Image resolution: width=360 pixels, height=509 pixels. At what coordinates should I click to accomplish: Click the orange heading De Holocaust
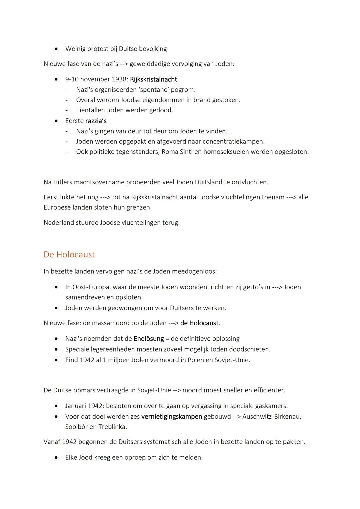69,254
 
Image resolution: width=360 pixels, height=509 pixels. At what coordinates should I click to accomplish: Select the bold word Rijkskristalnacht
153,79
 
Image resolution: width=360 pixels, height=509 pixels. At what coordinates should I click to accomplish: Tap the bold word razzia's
96,121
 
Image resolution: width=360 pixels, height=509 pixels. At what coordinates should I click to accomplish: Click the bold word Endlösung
149,339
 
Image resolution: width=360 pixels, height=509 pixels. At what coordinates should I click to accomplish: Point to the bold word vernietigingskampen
172,416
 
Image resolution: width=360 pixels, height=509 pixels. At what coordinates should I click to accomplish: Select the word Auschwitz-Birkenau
271,416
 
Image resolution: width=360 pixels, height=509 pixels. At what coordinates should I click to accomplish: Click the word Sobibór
77,427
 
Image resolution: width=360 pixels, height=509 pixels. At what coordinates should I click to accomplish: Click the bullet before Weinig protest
57,49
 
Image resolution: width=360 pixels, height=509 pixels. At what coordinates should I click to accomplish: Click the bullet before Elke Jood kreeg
57,458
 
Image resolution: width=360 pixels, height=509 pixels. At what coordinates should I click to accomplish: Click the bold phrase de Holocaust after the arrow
200,323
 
